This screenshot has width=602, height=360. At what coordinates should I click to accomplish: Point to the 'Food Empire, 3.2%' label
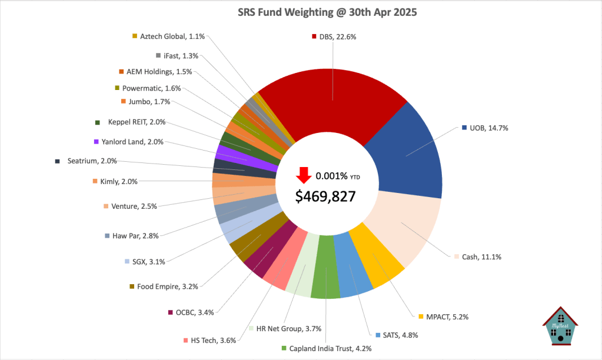click(x=167, y=286)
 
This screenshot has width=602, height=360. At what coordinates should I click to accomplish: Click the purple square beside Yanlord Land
click(x=96, y=142)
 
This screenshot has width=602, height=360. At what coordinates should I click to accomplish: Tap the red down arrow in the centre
click(x=304, y=175)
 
